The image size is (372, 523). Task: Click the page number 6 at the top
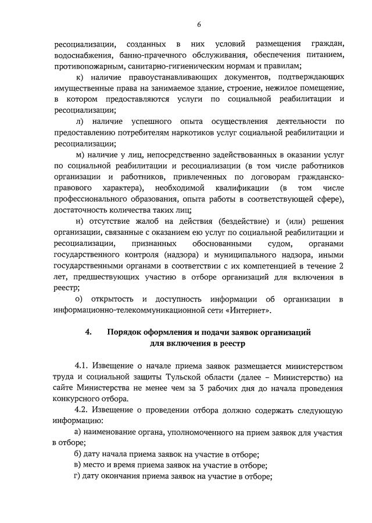pos(199,24)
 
